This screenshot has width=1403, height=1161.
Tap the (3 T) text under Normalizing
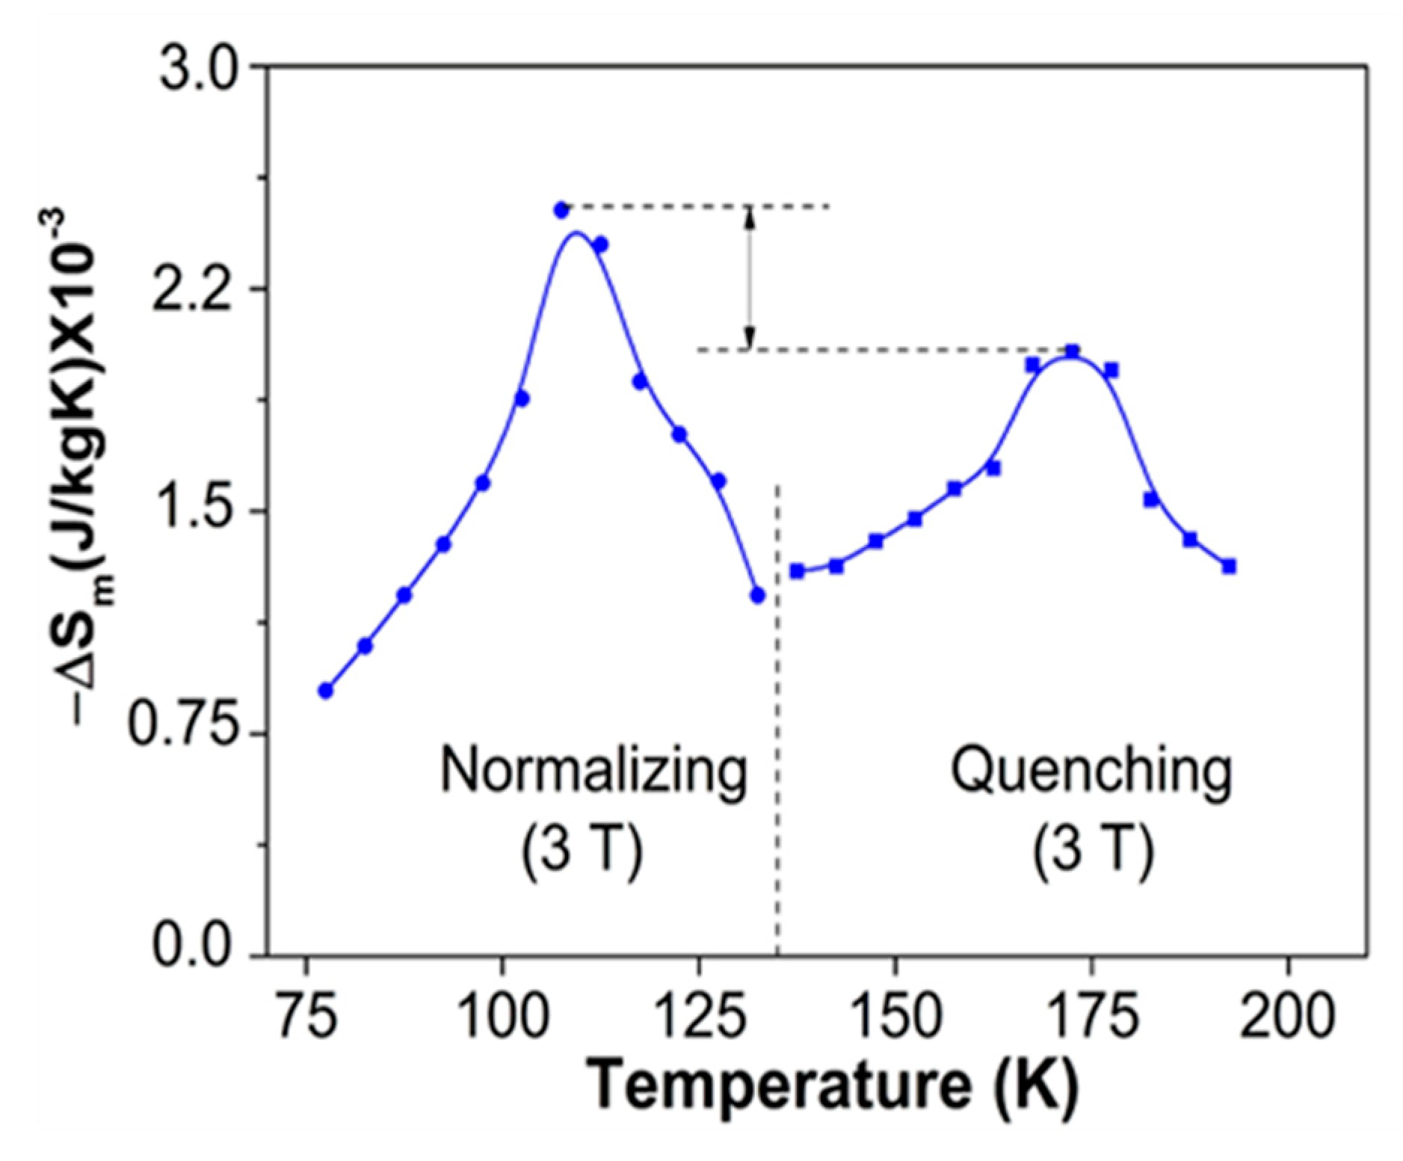click(582, 853)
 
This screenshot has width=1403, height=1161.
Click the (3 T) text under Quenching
click(1094, 853)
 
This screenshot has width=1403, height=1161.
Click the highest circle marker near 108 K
click(561, 210)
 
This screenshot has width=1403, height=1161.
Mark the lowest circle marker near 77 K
click(325, 690)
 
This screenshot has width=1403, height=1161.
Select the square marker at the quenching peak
click(1072, 351)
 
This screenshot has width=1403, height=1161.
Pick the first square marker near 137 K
click(798, 571)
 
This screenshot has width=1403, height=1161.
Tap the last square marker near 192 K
click(1229, 566)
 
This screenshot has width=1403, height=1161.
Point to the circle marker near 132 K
click(757, 595)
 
